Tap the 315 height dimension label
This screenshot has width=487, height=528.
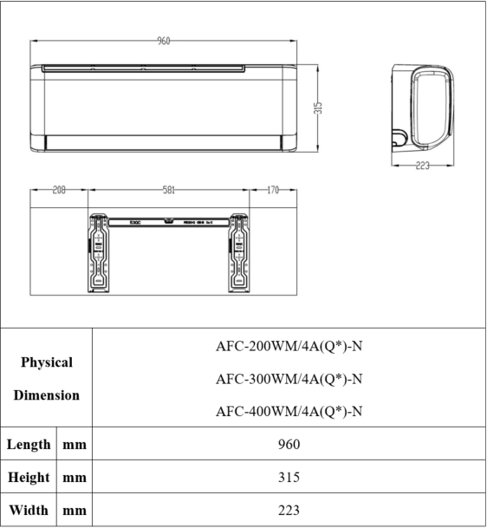(318, 107)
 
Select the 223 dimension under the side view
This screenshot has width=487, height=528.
(422, 166)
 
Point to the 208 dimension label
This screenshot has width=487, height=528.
(59, 190)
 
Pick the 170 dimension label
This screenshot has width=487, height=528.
(272, 190)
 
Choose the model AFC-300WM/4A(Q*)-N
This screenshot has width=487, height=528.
(289, 379)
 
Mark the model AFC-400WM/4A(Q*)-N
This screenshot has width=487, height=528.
(289, 410)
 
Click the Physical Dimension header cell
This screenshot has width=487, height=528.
(47, 378)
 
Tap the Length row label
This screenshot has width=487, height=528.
(29, 445)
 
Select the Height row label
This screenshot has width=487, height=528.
(29, 478)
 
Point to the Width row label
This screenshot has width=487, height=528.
(29, 511)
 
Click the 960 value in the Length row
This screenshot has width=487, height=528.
(289, 445)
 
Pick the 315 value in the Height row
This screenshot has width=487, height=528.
(289, 478)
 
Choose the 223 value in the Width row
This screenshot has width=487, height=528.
(289, 511)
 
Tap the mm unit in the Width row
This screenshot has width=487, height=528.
(75, 511)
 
